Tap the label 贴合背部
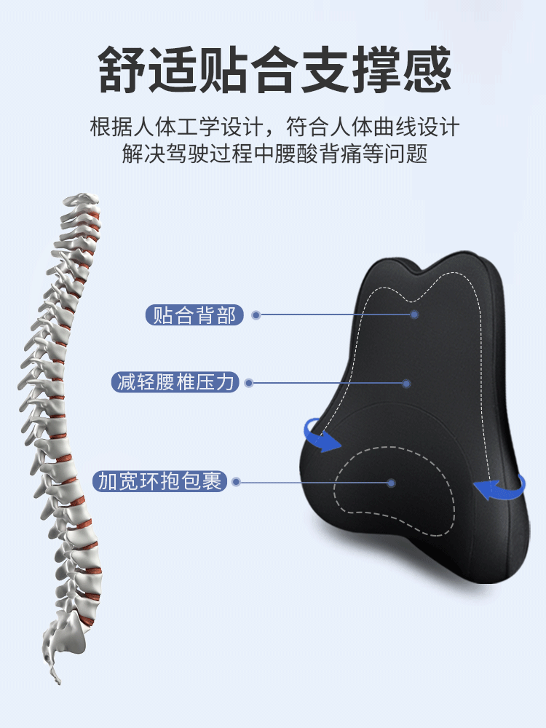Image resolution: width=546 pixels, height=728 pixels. pos(194,315)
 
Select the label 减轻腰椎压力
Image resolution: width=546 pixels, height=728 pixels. pos(175,382)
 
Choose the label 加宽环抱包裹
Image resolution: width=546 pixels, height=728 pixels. pos(159,481)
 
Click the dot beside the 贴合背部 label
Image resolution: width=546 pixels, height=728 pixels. pos(256,315)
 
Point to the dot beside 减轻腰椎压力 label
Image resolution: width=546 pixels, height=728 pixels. pos(249,383)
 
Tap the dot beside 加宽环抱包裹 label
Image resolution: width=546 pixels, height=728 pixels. pos(237,482)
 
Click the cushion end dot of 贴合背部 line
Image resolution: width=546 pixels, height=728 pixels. pos(415,314)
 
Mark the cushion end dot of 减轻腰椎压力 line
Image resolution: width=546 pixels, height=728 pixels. pos(407,384)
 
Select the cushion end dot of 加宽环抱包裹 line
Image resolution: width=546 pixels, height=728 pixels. pos(392,483)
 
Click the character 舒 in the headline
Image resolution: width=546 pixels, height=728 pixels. pos(122,70)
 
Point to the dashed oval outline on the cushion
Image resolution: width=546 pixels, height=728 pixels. pos(335,483)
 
